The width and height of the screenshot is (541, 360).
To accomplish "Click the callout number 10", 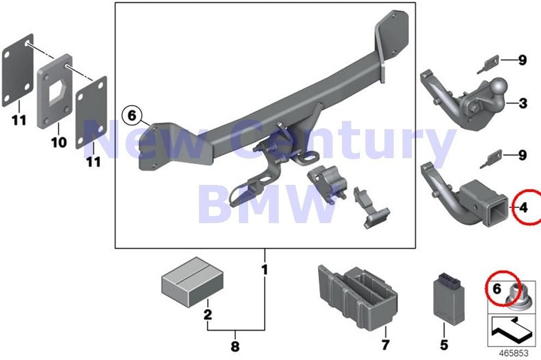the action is pyautogui.click(x=59, y=141).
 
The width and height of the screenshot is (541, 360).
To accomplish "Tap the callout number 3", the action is pyautogui.click(x=523, y=103).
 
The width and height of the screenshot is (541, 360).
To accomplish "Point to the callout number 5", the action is pyautogui.click(x=444, y=344).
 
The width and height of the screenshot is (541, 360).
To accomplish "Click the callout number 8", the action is pyautogui.click(x=235, y=346).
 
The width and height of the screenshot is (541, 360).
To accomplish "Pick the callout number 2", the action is pyautogui.click(x=207, y=314).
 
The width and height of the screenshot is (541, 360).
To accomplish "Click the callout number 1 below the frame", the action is pyautogui.click(x=265, y=269).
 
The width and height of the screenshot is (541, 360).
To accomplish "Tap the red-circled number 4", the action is pyautogui.click(x=524, y=208).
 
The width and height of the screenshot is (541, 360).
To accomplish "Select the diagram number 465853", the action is pyautogui.click(x=514, y=353).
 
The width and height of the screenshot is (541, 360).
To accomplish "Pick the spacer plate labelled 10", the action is pyautogui.click(x=55, y=91).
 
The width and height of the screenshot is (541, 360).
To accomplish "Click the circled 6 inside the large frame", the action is pyautogui.click(x=132, y=116).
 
